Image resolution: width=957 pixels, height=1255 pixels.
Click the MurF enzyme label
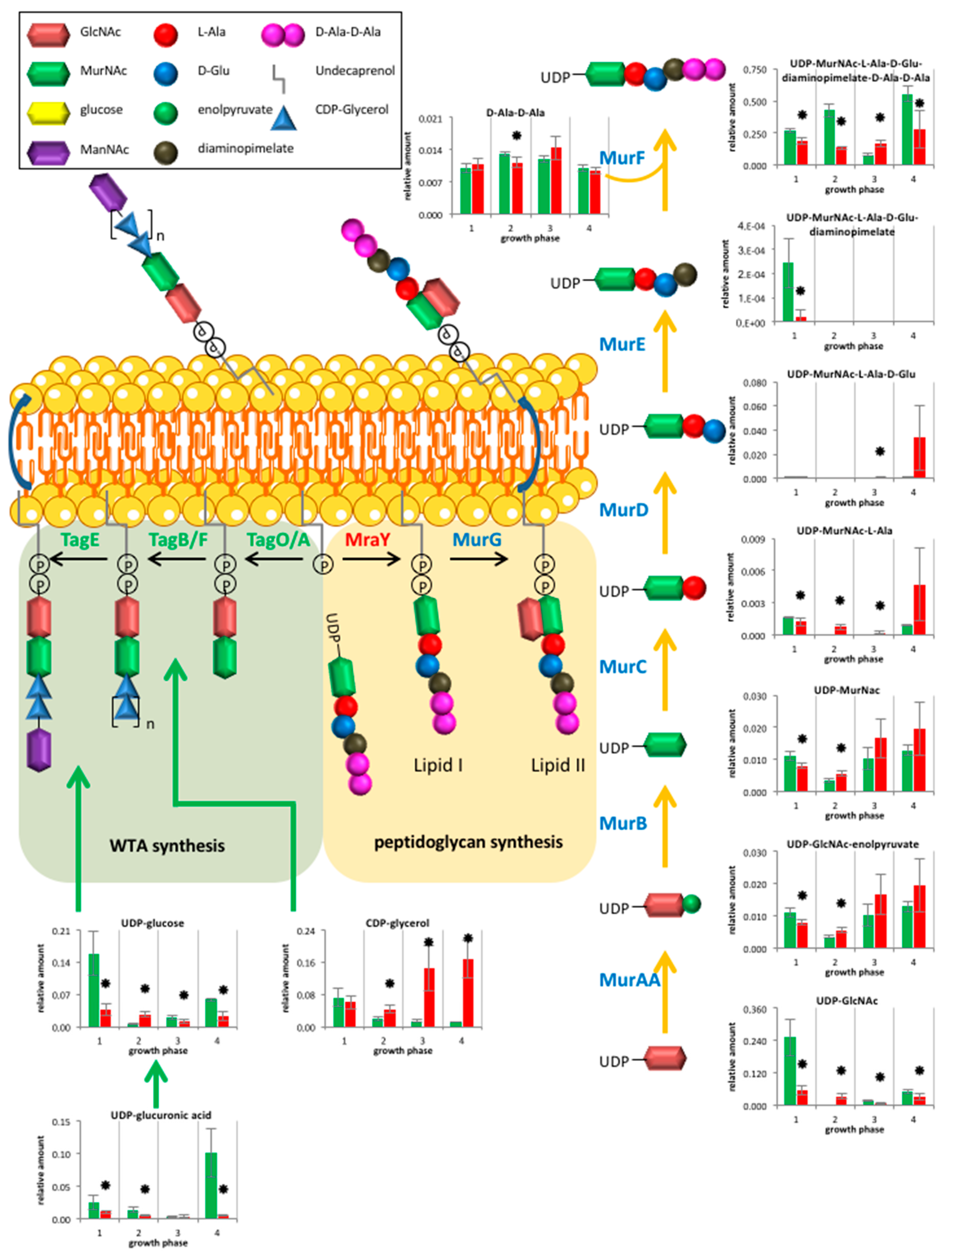[622, 158]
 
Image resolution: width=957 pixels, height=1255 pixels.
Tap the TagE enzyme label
[80, 539]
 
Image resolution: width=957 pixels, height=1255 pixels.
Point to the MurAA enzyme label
[629, 980]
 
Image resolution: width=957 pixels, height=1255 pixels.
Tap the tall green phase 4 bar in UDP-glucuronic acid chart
[211, 1185]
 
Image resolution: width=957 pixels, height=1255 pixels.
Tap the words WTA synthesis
[167, 845]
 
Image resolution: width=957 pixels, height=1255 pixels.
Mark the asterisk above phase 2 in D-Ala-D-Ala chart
[516, 136]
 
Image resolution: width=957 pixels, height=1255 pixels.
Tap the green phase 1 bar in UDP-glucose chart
[94, 990]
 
